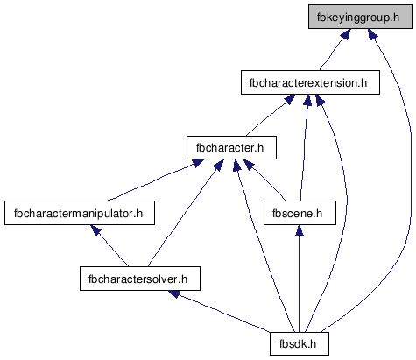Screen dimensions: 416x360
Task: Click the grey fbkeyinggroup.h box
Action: [361, 17]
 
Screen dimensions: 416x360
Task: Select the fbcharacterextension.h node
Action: [310, 82]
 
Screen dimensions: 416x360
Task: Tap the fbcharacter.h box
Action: [231, 147]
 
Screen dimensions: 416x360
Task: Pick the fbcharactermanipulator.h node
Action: [80, 213]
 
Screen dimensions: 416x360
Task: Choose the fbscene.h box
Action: [300, 213]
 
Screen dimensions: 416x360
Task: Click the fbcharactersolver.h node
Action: [140, 279]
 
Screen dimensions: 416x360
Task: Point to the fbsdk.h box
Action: [300, 343]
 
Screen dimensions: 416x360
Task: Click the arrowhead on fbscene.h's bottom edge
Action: [299, 230]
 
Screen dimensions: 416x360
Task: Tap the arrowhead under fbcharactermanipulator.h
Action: [95, 229]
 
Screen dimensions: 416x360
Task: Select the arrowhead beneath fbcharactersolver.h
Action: [174, 293]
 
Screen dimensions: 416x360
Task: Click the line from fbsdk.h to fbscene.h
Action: [299, 284]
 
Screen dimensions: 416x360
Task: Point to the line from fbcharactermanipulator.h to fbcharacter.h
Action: [152, 182]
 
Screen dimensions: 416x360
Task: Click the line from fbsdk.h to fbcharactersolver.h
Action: [223, 314]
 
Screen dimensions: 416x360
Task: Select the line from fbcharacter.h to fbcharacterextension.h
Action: [266, 119]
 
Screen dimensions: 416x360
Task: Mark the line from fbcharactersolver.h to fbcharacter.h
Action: [181, 217]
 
